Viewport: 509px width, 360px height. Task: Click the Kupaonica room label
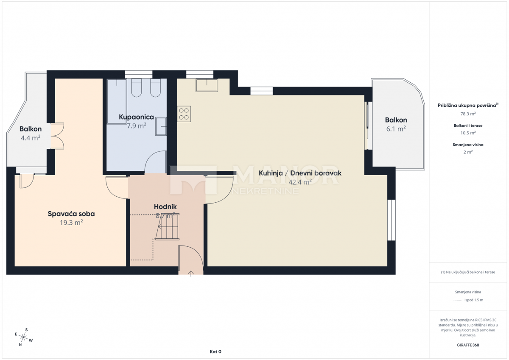[136, 117]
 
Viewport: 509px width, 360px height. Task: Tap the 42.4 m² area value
[300, 182]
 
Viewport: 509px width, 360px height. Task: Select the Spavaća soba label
[71, 214]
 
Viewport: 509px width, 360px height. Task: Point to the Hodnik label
[165, 207]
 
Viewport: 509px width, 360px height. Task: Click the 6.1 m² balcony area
[396, 129]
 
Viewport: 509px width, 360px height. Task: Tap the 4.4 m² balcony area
[31, 138]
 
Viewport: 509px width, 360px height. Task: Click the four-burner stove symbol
[184, 114]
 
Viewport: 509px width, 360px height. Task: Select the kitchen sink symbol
[207, 85]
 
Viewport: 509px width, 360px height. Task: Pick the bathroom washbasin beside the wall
[161, 126]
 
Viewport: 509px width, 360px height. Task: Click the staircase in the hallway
[168, 226]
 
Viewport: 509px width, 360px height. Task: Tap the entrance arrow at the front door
[191, 273]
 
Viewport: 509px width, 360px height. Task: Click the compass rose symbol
[23, 337]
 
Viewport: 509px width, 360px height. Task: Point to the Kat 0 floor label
[215, 352]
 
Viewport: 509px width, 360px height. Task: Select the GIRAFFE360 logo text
[468, 345]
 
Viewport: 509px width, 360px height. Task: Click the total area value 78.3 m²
[468, 114]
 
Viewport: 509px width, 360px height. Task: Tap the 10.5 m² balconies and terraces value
[468, 133]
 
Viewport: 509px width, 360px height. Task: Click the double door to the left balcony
[57, 136]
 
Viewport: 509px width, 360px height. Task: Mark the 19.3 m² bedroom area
[71, 223]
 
